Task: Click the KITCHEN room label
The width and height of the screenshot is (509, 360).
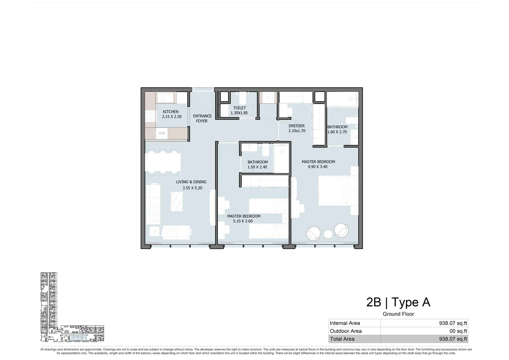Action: [171, 112]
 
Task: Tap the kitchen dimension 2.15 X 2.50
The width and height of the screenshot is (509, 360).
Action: [172, 117]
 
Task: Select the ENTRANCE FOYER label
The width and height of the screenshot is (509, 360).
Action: [202, 118]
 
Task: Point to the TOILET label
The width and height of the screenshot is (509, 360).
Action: [240, 108]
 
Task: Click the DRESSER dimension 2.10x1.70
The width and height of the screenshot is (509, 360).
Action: [297, 131]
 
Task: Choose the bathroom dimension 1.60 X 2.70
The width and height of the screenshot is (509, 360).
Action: [337, 132]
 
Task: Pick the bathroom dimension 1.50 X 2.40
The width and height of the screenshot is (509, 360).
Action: [257, 167]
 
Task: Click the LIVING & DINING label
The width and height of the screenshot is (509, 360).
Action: [191, 182]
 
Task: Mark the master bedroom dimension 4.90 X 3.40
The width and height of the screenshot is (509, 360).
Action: [318, 167]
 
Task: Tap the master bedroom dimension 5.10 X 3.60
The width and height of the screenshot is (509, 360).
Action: [243, 221]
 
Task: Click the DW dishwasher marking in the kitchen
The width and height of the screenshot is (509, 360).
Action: [162, 133]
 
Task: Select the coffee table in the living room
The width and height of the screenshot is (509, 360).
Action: [177, 201]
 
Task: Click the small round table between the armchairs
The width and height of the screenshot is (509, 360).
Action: [328, 234]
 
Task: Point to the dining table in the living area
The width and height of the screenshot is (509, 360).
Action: [163, 162]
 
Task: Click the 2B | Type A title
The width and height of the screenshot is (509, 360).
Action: [398, 302]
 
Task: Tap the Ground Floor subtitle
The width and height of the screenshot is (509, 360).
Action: [398, 314]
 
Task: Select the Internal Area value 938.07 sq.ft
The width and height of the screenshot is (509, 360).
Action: [453, 323]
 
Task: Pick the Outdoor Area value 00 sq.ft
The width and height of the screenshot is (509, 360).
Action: [458, 331]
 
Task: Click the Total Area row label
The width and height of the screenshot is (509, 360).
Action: [342, 339]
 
